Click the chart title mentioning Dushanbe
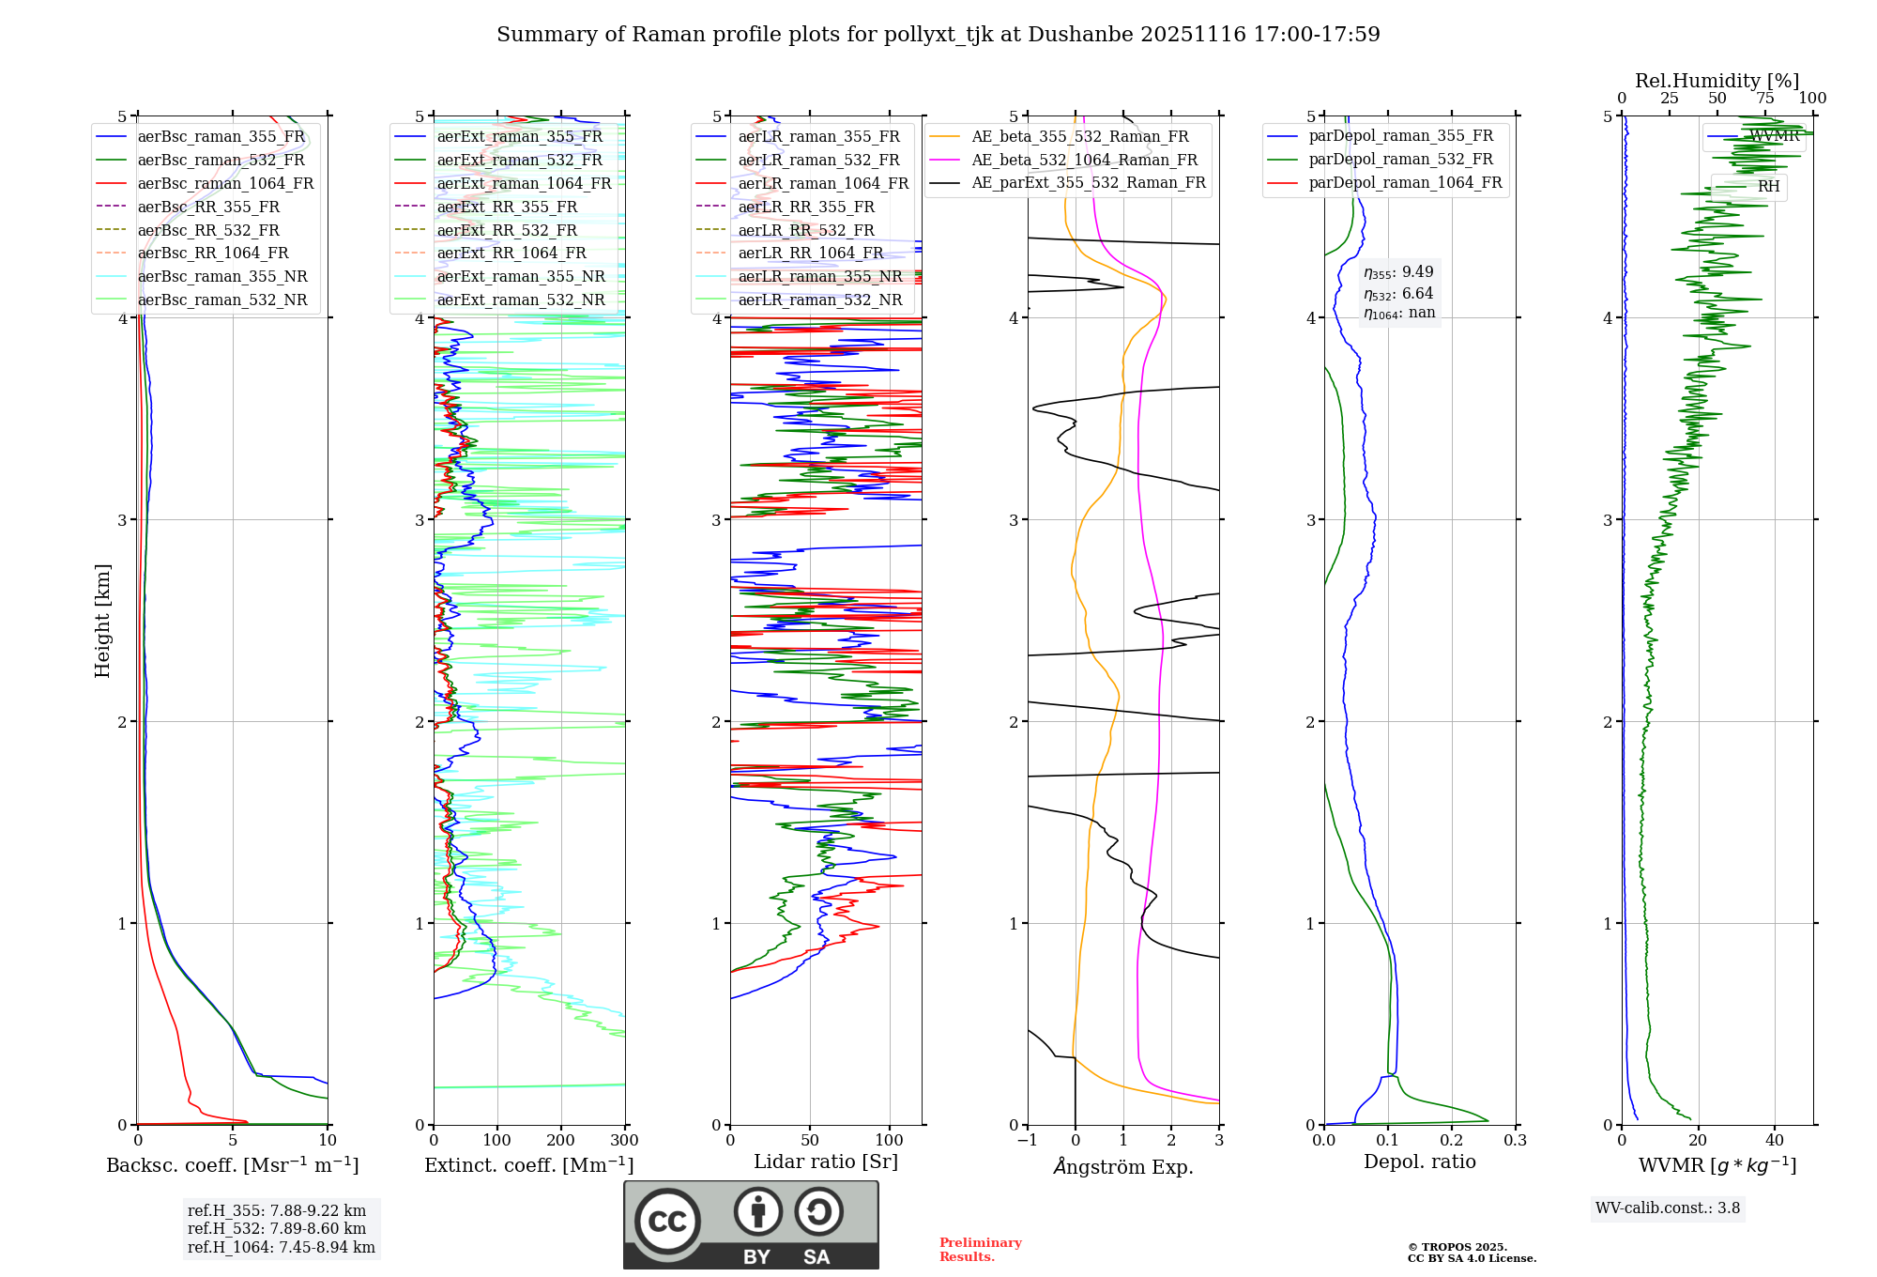pos(938,35)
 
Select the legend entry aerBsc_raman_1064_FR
pos(225,183)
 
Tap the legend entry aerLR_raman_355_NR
pos(819,276)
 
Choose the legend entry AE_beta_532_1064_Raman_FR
pos(1084,160)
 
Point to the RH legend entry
pos(1768,187)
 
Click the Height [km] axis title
pos(102,621)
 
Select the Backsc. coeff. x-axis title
pos(232,1165)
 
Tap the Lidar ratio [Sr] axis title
pos(825,1162)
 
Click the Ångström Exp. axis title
pos(1123,1167)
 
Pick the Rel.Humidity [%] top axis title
pos(1717,81)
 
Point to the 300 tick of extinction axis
pos(624,1141)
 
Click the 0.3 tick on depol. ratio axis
pos(1515,1141)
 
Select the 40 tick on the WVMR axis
pos(1774,1141)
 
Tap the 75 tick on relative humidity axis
pos(1764,99)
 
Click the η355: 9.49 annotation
pos(1398,272)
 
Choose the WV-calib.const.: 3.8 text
pos(1668,1208)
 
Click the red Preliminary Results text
pos(980,1250)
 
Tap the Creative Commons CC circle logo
pos(667,1222)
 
